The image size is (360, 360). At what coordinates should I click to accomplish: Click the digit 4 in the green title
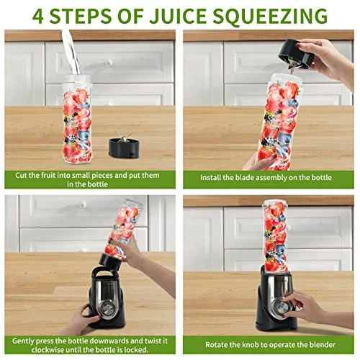[38, 16]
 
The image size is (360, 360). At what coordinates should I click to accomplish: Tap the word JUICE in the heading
[178, 16]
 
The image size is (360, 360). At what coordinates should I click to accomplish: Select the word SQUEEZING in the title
[270, 17]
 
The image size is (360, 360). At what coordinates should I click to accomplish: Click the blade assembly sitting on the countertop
[124, 145]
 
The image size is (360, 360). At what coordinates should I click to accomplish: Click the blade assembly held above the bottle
[296, 56]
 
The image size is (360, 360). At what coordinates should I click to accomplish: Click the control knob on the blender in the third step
[107, 307]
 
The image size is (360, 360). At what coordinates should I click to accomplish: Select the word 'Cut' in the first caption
[21, 175]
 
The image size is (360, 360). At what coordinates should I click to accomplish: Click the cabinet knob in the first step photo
[109, 63]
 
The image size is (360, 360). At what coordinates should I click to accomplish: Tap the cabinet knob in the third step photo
[83, 204]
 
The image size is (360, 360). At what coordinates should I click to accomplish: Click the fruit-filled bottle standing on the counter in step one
[77, 120]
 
